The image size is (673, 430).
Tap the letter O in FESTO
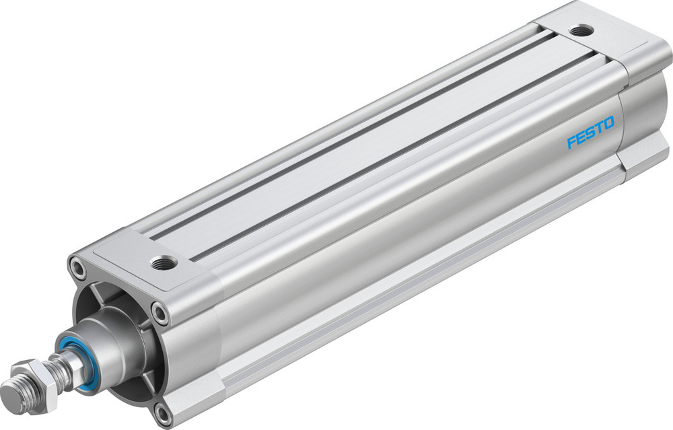tap(608, 124)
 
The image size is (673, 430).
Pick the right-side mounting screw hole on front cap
tap(160, 311)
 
